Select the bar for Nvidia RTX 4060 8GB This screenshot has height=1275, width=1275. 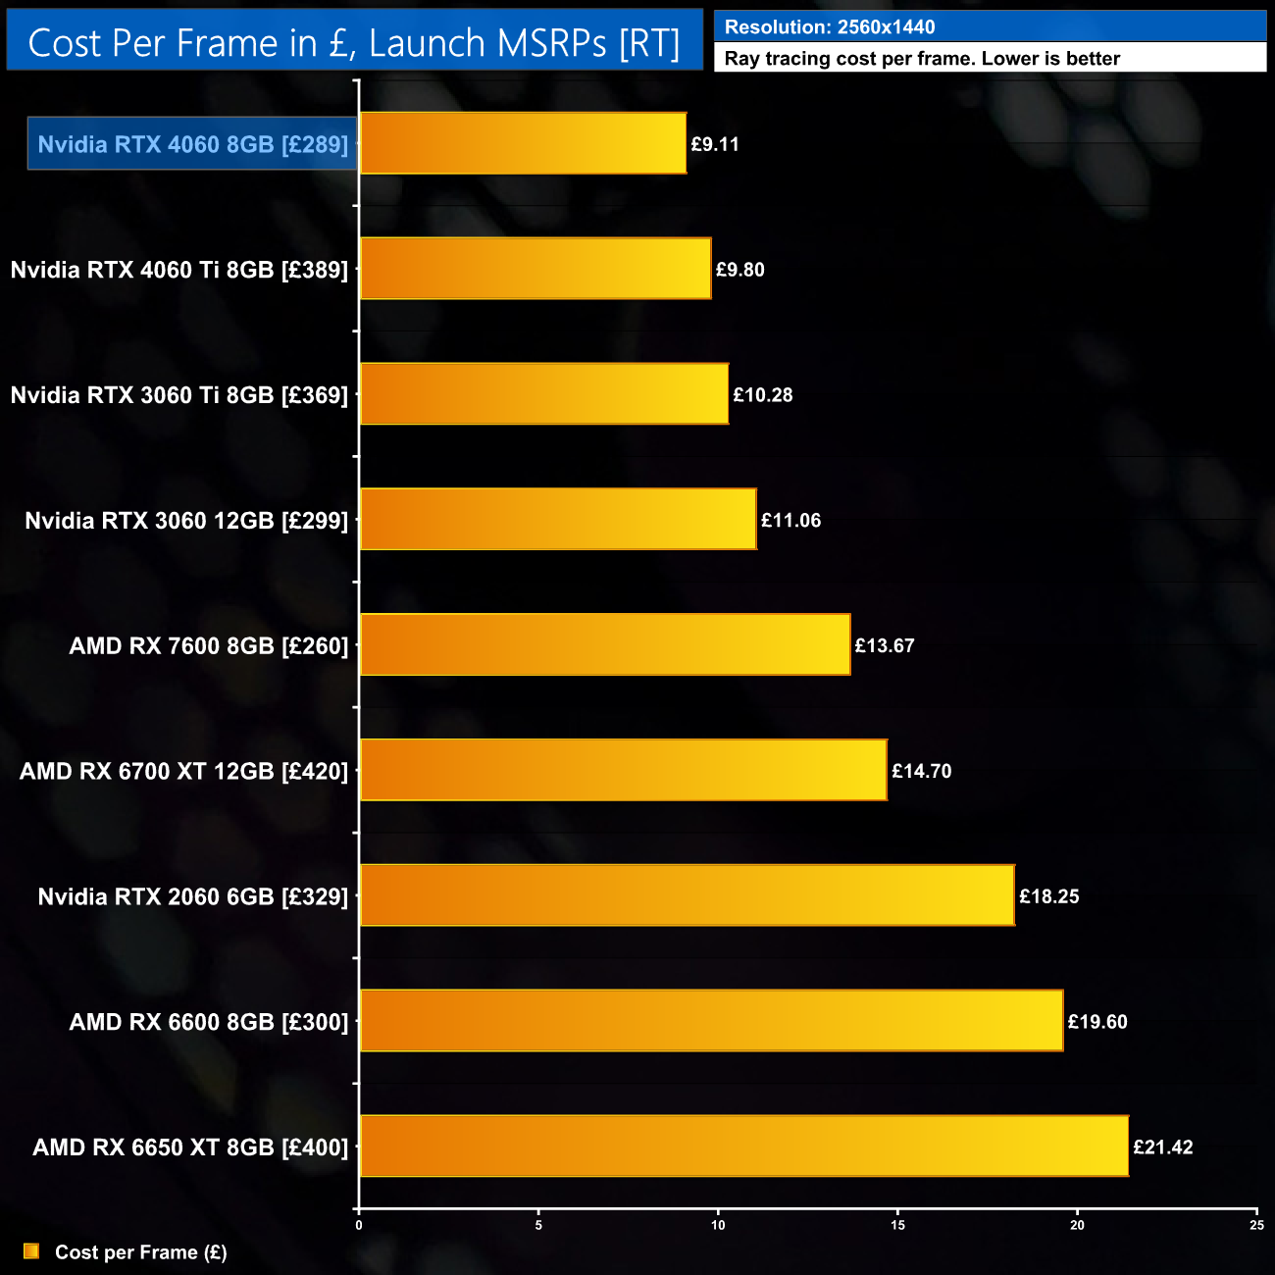coord(523,143)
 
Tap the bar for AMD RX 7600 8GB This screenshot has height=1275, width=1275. coord(605,644)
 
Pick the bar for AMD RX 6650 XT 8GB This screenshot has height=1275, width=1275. coord(743,1146)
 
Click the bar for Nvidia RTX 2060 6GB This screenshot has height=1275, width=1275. coord(687,895)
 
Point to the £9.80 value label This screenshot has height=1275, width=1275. coord(739,270)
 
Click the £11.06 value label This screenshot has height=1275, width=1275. coord(790,521)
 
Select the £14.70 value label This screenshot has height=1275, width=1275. coord(921,771)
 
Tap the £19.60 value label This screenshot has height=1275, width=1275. coord(1097,1022)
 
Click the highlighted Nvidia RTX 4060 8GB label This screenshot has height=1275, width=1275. coord(192,144)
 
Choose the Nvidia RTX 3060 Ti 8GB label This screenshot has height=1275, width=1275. coord(179,395)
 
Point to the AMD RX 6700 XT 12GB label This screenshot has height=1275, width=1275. coord(183,772)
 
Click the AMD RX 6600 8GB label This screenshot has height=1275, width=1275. coord(209,1022)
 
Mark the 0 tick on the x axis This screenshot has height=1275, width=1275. coord(359,1225)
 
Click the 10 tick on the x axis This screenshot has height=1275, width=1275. coord(718,1225)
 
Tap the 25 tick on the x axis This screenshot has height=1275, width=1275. coord(1256,1225)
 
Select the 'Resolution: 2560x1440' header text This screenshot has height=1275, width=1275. coord(830,27)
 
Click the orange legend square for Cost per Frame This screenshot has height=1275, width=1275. coord(31,1251)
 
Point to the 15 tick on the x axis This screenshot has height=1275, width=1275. coord(897,1225)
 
